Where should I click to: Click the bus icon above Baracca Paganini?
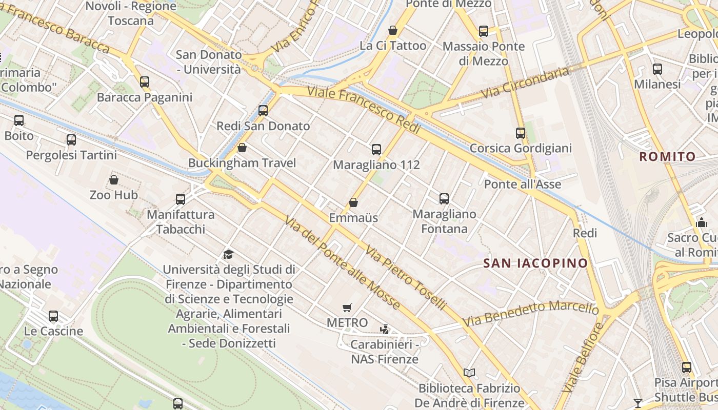pos(145,81)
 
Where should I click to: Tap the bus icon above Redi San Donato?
pos(263,110)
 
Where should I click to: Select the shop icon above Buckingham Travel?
pos(242,148)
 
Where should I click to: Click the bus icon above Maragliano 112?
pos(376,150)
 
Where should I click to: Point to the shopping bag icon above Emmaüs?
pos(353,202)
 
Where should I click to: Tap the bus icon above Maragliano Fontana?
pos(444,198)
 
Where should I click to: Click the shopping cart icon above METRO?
pos(347,307)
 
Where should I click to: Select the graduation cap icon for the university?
pos(229,254)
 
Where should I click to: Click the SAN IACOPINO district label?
pos(536,263)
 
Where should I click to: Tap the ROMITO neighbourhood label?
pos(667,157)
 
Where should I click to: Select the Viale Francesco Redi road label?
pos(364,110)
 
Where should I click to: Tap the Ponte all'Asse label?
pos(523,184)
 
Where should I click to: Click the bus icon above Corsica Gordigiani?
pos(521,133)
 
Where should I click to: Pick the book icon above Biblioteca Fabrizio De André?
pos(469,373)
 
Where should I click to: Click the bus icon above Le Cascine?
pos(53,316)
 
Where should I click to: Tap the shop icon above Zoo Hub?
pos(114,180)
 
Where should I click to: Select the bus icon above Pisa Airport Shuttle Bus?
pos(687,367)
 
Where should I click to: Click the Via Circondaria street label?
pos(525,83)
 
